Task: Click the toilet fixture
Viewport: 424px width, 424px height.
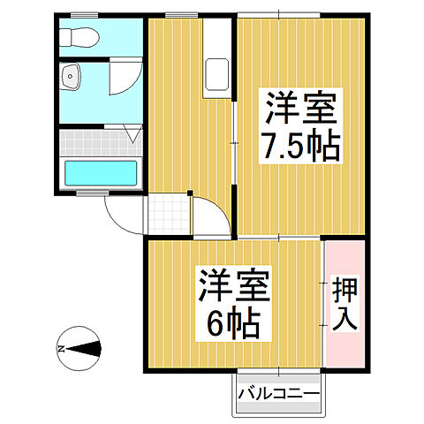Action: [x=79, y=38]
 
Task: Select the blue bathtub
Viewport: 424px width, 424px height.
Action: [x=101, y=172]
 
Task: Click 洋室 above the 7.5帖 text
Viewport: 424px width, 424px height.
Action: [x=299, y=110]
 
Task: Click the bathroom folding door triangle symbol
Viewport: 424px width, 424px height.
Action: [x=132, y=135]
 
